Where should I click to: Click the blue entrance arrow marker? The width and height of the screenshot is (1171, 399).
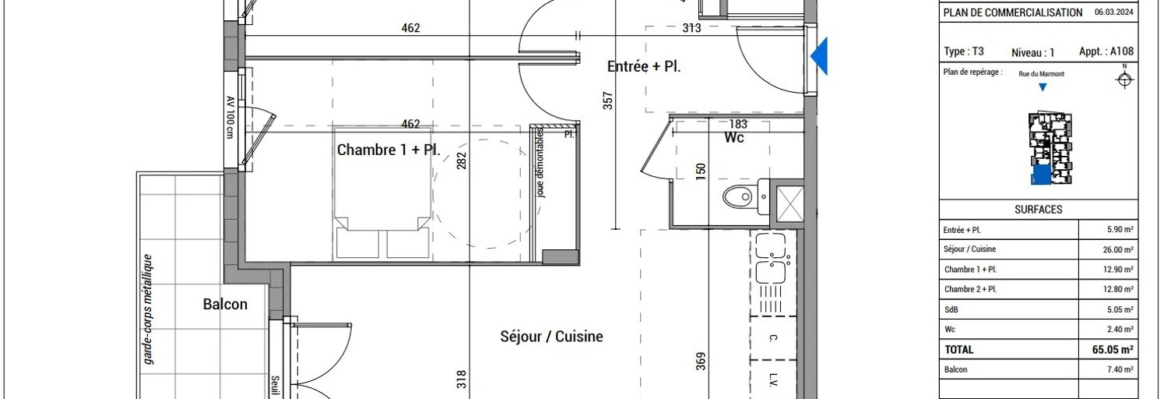point(819,56)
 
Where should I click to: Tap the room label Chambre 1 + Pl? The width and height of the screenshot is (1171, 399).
point(389,150)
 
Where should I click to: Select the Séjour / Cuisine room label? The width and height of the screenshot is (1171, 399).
point(551,337)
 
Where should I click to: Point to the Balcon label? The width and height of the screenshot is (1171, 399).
point(225,304)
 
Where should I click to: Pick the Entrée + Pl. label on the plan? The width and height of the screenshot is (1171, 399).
point(644,67)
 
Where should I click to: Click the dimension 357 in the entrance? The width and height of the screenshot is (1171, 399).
point(608,101)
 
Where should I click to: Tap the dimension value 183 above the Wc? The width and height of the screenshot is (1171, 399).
point(737,124)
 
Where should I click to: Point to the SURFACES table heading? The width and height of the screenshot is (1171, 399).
point(1038,210)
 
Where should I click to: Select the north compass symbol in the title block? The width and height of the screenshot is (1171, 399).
point(1124,79)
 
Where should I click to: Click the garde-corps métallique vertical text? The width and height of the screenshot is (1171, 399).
point(147,309)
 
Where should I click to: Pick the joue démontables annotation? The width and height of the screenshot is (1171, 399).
point(540,164)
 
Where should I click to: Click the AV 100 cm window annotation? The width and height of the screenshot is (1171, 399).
point(230,117)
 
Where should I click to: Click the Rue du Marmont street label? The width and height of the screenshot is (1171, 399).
point(1041,74)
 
